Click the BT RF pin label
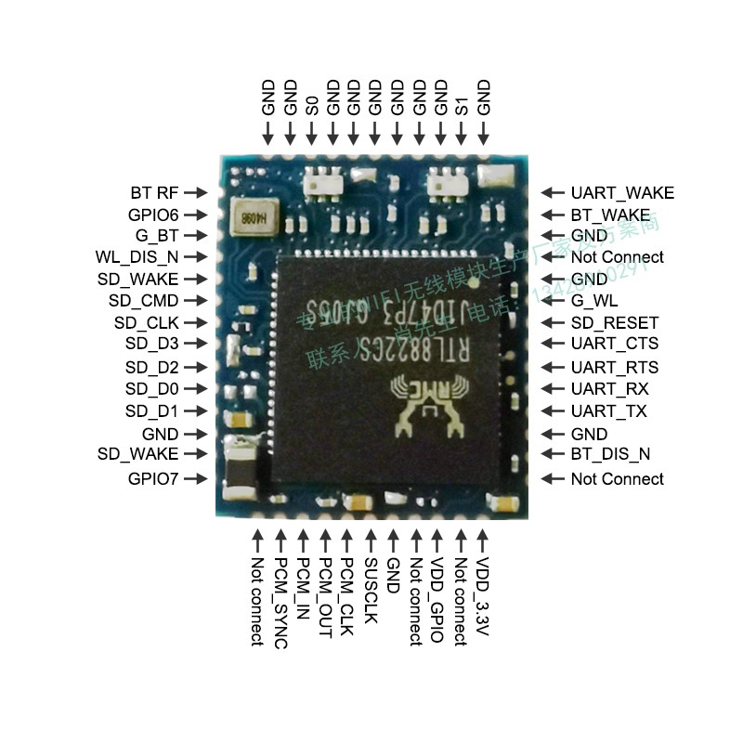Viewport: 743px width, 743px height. point(154,193)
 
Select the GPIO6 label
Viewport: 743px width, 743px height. point(153,215)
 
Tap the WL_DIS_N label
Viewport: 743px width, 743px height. point(137,256)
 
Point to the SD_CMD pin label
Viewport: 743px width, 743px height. point(143,301)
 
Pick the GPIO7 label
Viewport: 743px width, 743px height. point(153,479)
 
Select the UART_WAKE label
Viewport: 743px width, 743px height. point(622,193)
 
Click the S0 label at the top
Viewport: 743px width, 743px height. point(312,105)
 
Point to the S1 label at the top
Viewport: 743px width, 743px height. point(462,105)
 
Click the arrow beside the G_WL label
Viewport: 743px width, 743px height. point(554,301)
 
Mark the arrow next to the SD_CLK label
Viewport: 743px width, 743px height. point(195,323)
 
